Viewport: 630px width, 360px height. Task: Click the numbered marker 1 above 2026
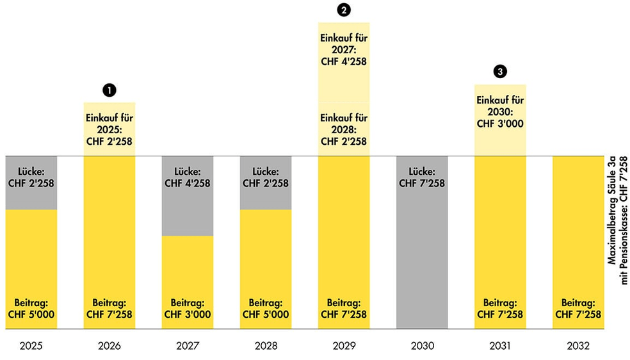(109, 90)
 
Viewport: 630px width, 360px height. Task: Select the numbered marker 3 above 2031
(500, 72)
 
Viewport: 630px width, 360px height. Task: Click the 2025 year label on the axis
(31, 346)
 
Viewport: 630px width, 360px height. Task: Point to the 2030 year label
(422, 346)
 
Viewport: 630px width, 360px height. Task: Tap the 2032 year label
(578, 346)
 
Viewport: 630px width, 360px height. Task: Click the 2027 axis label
(188, 346)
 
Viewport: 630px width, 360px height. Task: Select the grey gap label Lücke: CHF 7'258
(422, 177)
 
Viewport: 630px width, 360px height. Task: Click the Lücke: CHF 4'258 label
(188, 177)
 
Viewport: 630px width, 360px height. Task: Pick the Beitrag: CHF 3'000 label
(188, 308)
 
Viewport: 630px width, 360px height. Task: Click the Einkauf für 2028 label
(344, 129)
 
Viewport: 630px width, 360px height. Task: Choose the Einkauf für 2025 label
(109, 129)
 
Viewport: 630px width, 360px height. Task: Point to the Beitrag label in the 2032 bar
(578, 308)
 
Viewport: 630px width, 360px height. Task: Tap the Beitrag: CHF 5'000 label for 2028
(266, 308)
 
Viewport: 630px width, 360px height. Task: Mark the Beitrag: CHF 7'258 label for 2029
(344, 308)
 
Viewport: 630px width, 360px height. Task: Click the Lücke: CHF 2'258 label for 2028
(266, 177)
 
